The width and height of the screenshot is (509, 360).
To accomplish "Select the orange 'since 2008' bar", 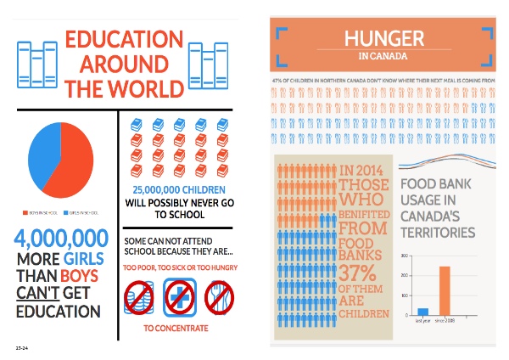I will coord(445,290).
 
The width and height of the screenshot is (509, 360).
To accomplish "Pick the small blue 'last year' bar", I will coord(422,312).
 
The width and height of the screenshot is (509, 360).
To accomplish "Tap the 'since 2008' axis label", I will coord(445,321).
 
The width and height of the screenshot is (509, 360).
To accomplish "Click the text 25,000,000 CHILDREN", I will coord(178,189).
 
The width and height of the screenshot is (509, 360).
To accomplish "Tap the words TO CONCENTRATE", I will coord(178,327).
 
